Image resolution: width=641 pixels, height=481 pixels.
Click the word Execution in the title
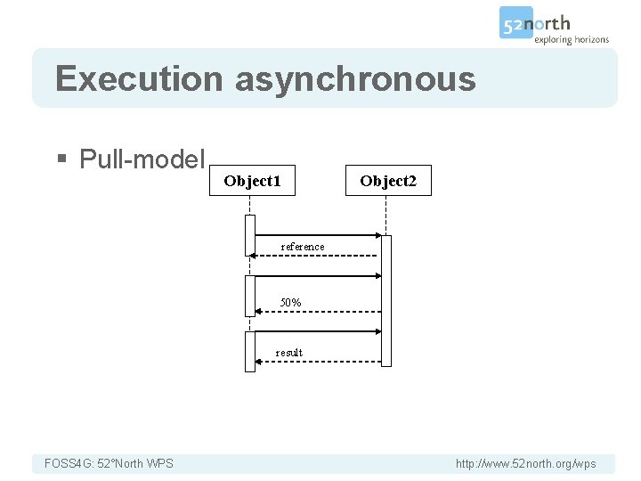pyautogui.click(x=139, y=79)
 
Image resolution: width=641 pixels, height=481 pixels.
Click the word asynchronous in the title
pyautogui.click(x=355, y=79)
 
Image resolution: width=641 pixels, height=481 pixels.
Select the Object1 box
pyautogui.click(x=252, y=181)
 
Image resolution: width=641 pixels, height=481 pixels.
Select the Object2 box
pyautogui.click(x=388, y=181)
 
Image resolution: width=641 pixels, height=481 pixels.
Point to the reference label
pyautogui.click(x=303, y=247)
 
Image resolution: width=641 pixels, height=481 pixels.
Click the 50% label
pyautogui.click(x=290, y=303)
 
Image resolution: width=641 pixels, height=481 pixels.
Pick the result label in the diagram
pyautogui.click(x=288, y=353)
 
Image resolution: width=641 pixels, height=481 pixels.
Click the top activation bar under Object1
pyautogui.click(x=250, y=234)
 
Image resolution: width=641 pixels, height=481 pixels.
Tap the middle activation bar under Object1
pyautogui.click(x=250, y=295)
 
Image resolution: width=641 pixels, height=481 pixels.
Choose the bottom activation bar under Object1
pyautogui.click(x=250, y=351)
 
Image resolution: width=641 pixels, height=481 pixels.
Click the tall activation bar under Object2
pyautogui.click(x=386, y=300)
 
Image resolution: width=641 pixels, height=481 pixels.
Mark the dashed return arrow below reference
pyautogui.click(x=316, y=256)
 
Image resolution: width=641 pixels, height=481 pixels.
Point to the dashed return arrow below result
pyautogui.click(x=316, y=362)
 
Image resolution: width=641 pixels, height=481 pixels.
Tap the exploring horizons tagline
pyautogui.click(x=571, y=39)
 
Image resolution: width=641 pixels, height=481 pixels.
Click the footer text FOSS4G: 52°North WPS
pyautogui.click(x=109, y=463)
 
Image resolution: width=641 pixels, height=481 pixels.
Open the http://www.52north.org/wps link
pyautogui.click(x=525, y=463)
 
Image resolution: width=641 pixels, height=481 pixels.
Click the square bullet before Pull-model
pyautogui.click(x=61, y=160)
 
